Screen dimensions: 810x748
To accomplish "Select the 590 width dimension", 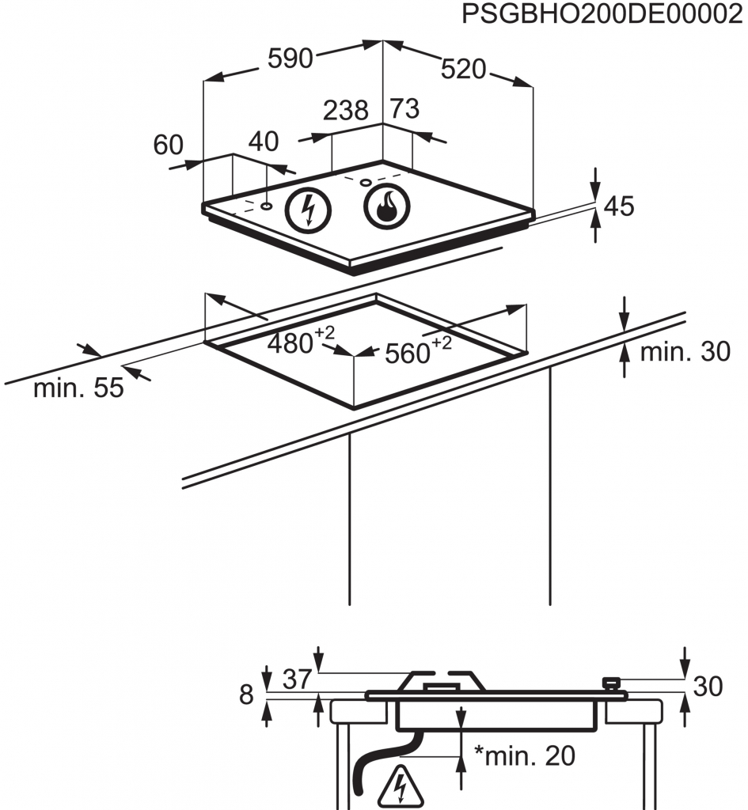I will coord(290,58).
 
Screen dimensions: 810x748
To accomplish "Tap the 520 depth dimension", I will coord(463,70).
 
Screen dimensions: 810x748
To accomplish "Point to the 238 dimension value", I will coord(346,111).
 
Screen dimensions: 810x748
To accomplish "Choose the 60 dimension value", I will coord(168,146).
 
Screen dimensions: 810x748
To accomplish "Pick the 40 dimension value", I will coord(264,142).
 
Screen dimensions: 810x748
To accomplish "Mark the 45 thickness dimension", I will coord(619,206).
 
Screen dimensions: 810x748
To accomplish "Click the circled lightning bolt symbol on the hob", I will coord(309,210).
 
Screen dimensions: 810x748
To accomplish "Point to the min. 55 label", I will coord(78,388).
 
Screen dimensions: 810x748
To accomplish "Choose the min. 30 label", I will coord(685,352).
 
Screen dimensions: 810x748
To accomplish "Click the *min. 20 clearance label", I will coord(525,756).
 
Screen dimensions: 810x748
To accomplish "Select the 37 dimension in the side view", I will coord(296,679).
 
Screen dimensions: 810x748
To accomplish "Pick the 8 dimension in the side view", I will coord(245,695).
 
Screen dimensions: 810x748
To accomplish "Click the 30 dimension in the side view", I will coord(708,687).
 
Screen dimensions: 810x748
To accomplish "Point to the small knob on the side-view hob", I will coord(611,683).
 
